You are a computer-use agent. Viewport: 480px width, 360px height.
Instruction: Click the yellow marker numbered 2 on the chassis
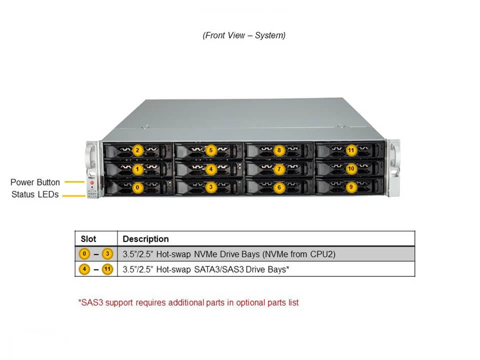tap(138, 150)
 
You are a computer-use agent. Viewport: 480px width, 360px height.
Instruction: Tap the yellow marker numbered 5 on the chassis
tap(211, 150)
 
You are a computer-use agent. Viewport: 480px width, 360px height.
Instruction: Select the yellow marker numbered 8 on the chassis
tap(279, 150)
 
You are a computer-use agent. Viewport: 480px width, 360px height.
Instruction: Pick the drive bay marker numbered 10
tap(351, 168)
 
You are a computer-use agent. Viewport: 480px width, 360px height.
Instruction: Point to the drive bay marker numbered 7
tap(279, 169)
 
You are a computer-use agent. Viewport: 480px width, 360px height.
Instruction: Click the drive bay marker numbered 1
tap(138, 169)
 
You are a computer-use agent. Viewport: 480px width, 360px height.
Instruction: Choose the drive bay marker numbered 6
tap(279, 187)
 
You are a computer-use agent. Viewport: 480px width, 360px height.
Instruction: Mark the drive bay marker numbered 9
tap(351, 187)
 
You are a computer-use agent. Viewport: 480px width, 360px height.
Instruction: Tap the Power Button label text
tap(35, 182)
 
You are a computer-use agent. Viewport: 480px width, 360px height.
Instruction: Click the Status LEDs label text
tap(35, 194)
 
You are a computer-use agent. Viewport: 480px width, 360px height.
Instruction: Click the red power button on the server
tap(92, 183)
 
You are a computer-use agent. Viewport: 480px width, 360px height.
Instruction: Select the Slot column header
tap(88, 239)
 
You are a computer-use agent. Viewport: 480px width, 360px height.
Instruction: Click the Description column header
tap(145, 239)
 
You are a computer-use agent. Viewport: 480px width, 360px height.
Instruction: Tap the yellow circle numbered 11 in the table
tap(107, 269)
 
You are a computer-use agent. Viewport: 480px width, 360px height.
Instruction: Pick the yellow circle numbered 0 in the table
tap(84, 254)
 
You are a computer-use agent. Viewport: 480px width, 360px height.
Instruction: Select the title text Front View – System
tap(244, 35)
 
